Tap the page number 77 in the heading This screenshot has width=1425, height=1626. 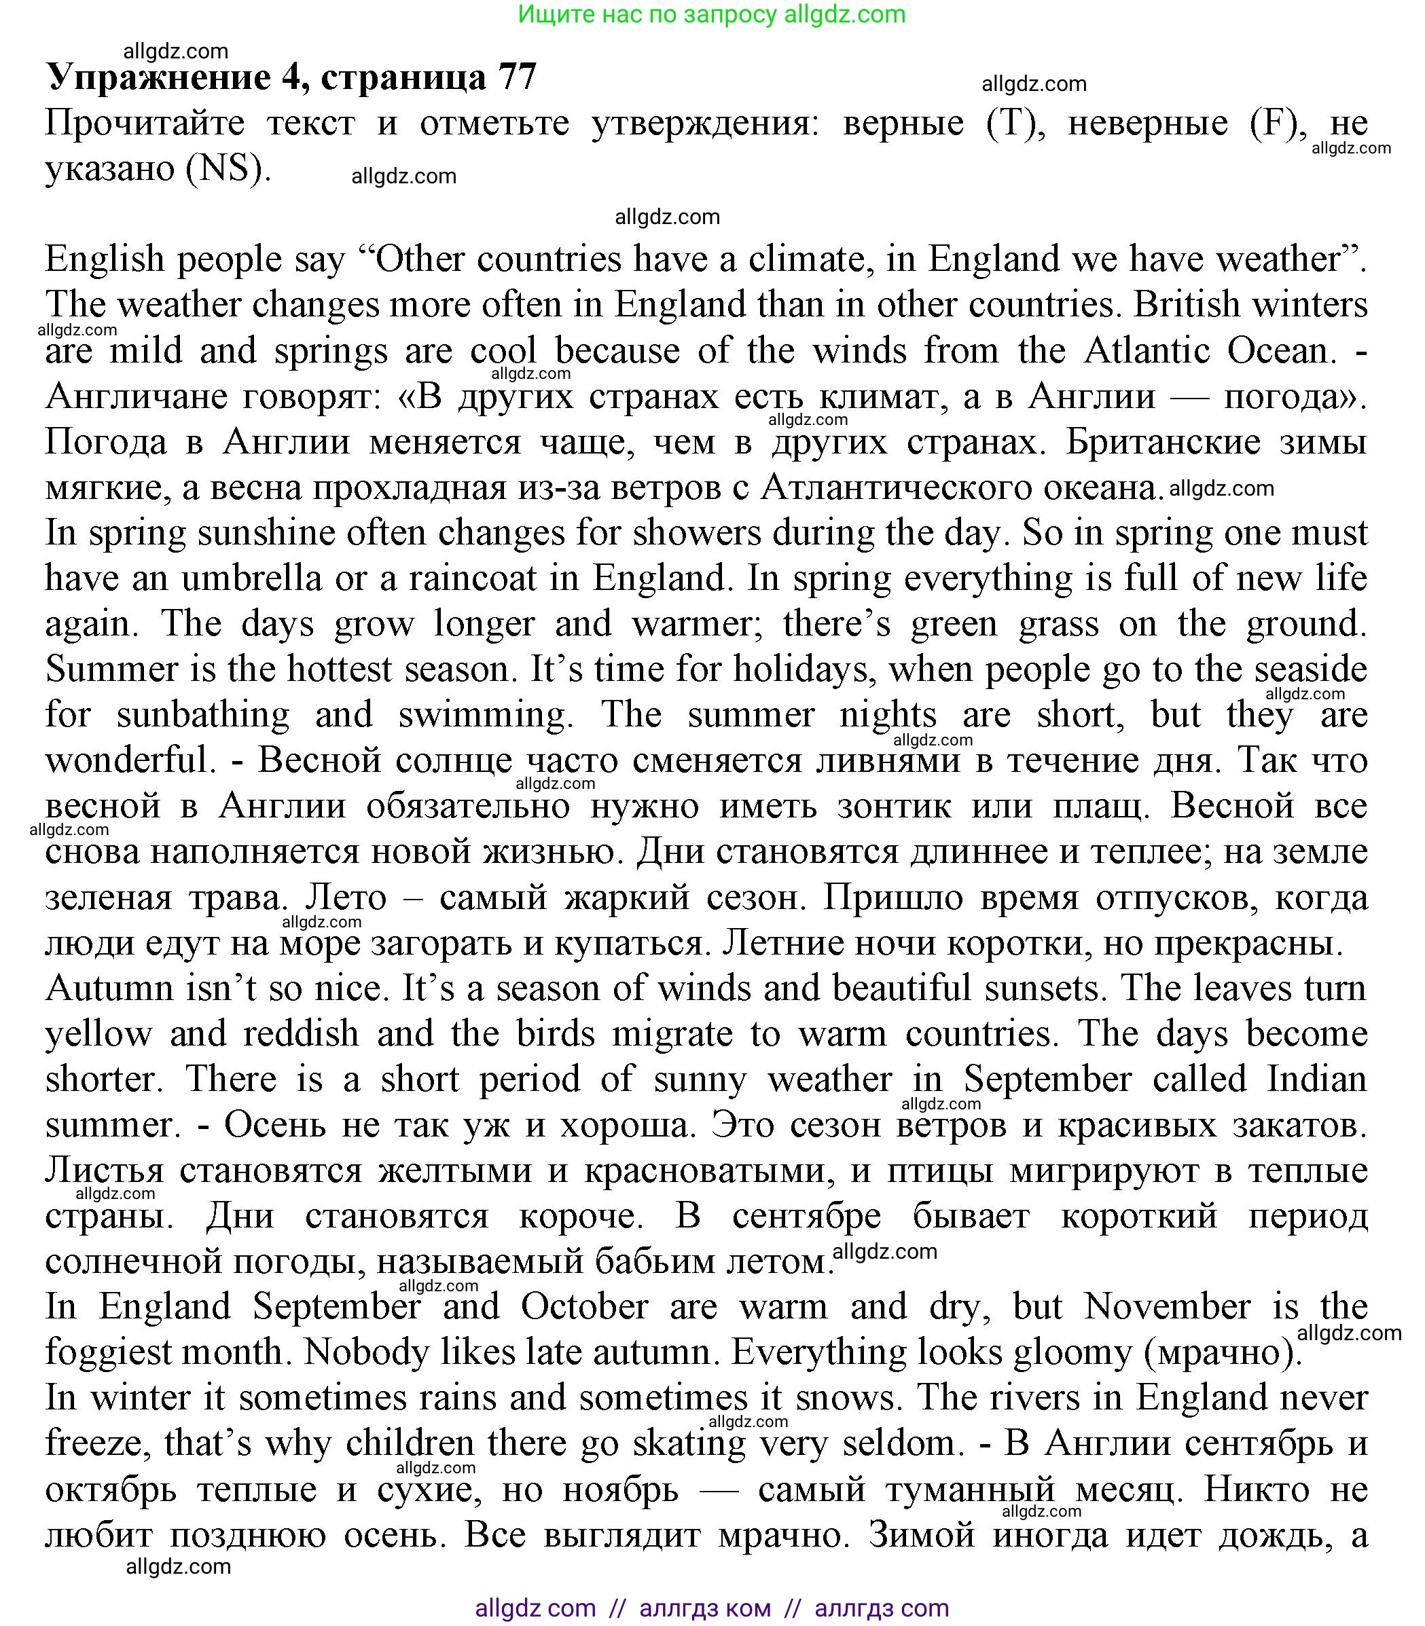tap(517, 77)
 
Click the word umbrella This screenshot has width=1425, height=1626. tap(251, 578)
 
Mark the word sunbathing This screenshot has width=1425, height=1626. tap(203, 714)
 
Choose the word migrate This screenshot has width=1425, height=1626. tap(680, 1033)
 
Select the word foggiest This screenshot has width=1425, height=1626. tap(164, 1351)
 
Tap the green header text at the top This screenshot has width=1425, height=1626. tap(712, 14)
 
